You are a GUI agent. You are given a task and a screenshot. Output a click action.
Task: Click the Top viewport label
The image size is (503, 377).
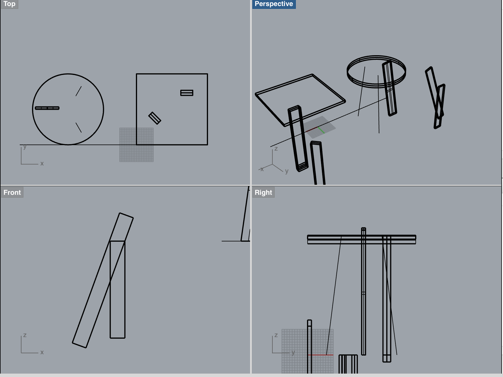tap(9, 4)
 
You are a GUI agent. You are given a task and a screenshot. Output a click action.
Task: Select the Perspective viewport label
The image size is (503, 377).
tap(274, 4)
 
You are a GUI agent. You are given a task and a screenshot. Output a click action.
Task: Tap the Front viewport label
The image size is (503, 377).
tap(12, 193)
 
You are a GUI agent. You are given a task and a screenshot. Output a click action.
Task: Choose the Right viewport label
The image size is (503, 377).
tap(263, 193)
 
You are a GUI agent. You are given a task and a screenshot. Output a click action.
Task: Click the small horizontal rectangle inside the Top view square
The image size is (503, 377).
tap(187, 93)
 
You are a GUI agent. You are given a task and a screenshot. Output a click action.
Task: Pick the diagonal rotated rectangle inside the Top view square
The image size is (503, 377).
tap(155, 118)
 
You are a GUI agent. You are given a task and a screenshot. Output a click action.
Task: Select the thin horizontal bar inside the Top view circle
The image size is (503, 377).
tap(47, 108)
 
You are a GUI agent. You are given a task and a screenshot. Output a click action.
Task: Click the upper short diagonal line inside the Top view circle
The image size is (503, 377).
tap(79, 91)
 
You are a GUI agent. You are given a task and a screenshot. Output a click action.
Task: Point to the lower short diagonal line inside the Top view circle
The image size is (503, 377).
tap(79, 128)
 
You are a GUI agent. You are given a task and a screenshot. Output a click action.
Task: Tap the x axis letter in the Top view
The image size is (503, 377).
tap(42, 164)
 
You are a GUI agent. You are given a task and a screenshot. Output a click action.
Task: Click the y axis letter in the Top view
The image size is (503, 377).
tap(25, 147)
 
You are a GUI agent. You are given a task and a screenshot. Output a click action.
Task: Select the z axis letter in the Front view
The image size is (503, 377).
tap(25, 335)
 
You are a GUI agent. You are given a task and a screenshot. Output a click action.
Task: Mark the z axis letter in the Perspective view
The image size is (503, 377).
tap(276, 149)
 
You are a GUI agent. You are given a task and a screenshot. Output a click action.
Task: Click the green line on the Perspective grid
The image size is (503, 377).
tap(321, 130)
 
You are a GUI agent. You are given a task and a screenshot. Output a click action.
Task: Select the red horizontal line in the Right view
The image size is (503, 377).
tap(321, 355)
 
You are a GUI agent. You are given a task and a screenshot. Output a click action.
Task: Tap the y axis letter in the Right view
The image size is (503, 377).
tap(293, 352)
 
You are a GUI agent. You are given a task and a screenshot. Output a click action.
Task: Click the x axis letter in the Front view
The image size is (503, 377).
tap(42, 352)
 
